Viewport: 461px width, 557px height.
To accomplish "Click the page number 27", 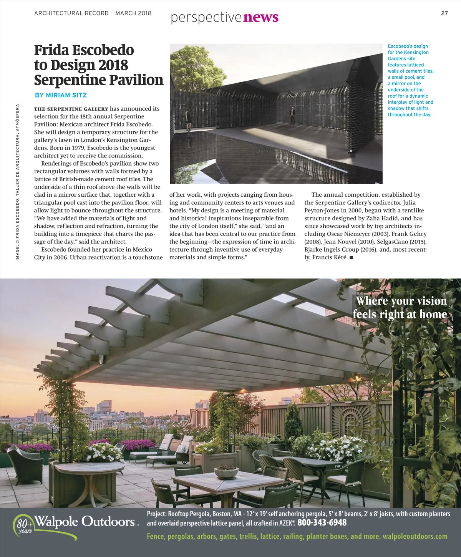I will point(444,13).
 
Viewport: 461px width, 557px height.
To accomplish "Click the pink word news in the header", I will point(261,17).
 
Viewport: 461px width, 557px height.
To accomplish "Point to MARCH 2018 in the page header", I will point(133,13).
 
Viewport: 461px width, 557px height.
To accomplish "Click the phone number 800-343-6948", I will point(322,522).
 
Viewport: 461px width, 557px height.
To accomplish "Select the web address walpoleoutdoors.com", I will point(415,536).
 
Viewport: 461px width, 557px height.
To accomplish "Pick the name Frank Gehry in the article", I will point(409,234).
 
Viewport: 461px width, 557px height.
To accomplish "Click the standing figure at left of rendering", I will point(188,119).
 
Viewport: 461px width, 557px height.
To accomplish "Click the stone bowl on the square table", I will point(226,471).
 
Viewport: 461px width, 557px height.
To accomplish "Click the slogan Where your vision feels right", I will point(400,308).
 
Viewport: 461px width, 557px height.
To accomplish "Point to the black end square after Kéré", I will point(351,258).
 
